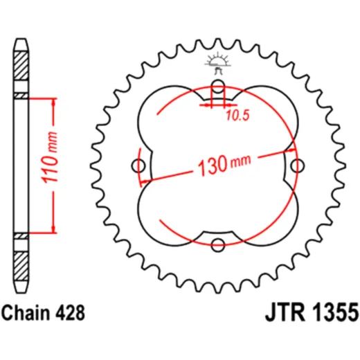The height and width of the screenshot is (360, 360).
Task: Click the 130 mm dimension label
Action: tap(224, 164)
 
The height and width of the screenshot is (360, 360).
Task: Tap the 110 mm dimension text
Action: tap(49, 158)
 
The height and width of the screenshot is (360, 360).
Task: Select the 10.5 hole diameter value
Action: tap(237, 116)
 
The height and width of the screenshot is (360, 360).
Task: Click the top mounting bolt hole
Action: tap(218, 87)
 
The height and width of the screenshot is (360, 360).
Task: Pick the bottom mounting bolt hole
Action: tap(218, 245)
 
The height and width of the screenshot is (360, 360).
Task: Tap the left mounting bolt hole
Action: tap(138, 165)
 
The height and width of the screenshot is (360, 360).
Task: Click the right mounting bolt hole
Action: tap(297, 165)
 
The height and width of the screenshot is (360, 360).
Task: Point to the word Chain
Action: tap(26, 313)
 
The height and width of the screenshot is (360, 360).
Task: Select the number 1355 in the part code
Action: tap(335, 313)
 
